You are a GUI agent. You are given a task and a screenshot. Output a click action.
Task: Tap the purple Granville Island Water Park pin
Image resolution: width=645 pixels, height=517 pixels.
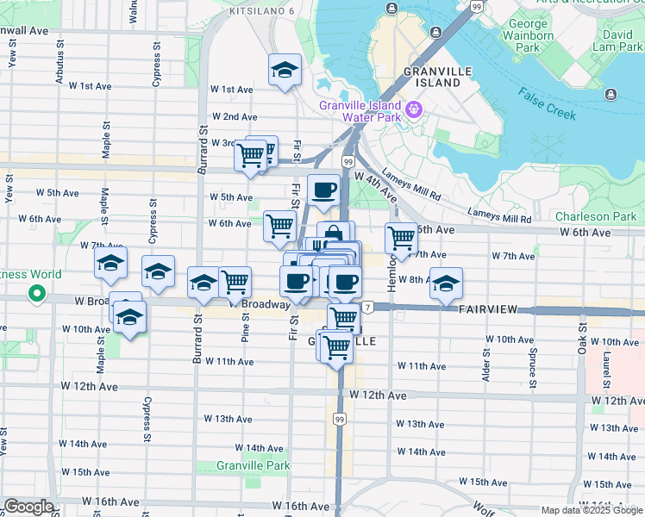pos(414,109)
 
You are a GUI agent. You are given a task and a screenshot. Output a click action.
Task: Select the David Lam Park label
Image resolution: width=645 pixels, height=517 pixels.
pos(617,41)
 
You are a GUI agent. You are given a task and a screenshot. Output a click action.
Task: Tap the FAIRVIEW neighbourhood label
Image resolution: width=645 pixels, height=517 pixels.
pos(490,308)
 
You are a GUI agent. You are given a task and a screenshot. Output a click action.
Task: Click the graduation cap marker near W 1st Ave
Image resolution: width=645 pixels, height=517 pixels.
pos(285,69)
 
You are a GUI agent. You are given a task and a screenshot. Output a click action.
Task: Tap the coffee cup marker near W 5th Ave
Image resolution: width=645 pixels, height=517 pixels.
pos(323,189)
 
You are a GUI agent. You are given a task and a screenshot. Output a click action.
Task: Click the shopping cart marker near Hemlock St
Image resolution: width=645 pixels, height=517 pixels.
pos(401,237)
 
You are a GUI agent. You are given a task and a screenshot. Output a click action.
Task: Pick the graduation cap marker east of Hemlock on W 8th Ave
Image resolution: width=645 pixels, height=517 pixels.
pos(446,282)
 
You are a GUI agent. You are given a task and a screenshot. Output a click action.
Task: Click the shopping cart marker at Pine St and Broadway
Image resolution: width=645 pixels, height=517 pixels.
pos(235,281)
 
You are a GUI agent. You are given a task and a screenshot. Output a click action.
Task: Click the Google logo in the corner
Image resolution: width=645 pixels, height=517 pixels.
pos(28,507)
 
